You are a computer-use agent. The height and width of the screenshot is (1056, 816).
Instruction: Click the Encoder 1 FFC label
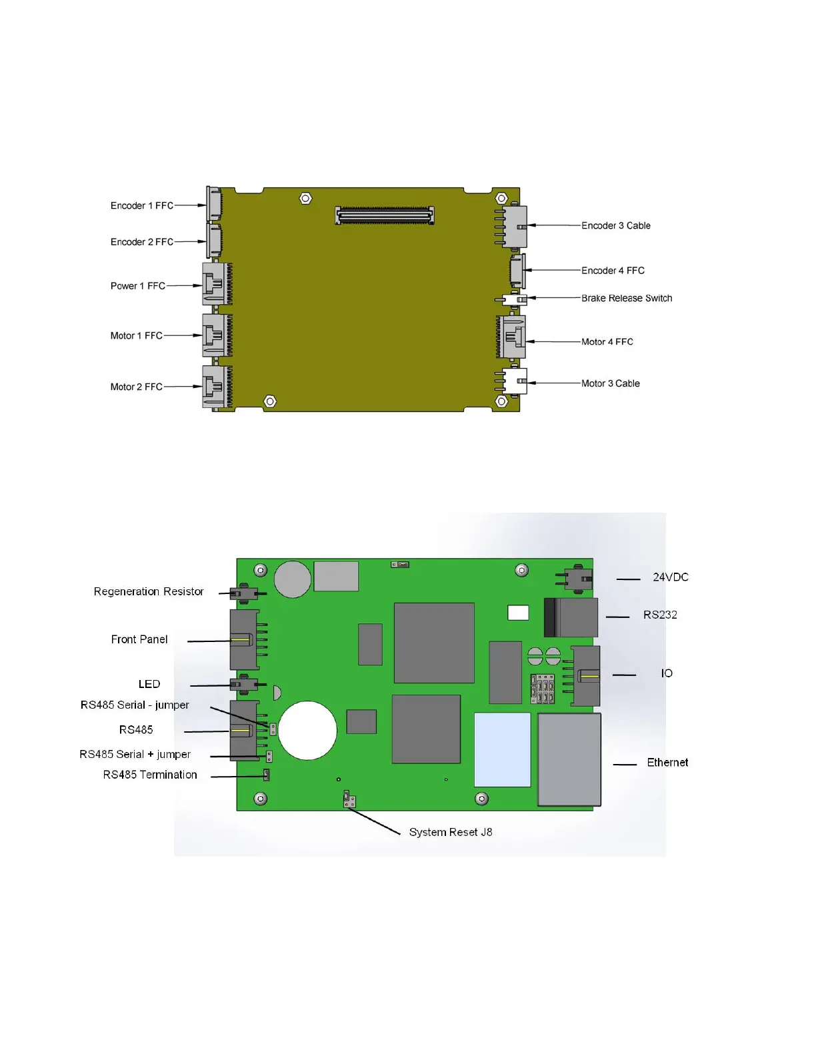point(141,205)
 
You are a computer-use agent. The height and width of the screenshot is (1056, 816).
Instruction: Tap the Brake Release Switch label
point(626,298)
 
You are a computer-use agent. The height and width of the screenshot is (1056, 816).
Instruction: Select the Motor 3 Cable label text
point(610,383)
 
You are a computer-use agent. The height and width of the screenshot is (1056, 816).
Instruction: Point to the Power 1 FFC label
point(137,286)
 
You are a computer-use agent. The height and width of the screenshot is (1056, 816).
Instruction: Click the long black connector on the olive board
point(385,215)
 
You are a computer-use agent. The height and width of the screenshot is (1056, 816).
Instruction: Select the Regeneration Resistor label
point(148,591)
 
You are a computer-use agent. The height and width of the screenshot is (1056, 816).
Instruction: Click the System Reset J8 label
point(450,832)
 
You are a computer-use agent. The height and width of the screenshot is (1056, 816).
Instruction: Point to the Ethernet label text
point(667,762)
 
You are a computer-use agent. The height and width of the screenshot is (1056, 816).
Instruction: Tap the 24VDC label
point(670,577)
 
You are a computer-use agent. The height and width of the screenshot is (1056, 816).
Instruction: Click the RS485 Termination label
point(150,775)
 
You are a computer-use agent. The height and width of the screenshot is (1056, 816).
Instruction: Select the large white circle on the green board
point(307,730)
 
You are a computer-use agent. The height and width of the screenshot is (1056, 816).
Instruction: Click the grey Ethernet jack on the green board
point(569,759)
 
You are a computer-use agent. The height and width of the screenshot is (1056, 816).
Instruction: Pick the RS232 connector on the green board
point(571,617)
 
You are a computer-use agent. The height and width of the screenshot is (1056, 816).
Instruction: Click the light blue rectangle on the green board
point(502,749)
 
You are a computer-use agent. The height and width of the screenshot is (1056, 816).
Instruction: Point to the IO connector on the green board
point(585,676)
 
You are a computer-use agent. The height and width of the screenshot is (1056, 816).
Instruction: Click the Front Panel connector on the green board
point(244,640)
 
